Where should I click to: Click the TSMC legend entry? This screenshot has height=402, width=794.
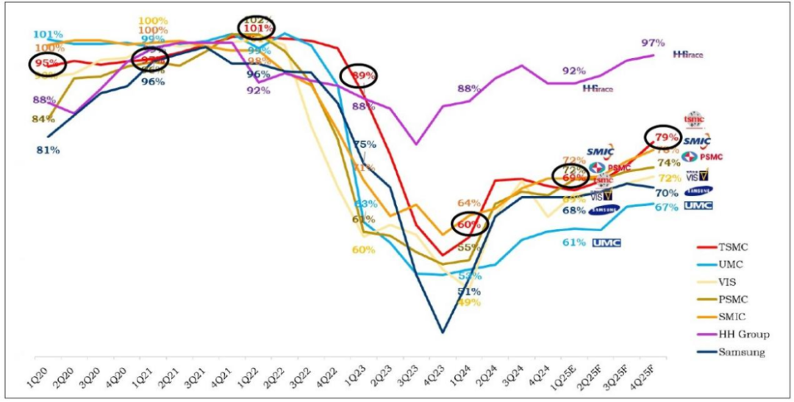[734, 247]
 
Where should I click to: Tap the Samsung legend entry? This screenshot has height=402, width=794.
[740, 352]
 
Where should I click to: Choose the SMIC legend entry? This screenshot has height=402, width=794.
[734, 317]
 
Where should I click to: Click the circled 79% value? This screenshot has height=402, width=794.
[667, 137]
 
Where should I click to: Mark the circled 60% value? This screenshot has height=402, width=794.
[469, 225]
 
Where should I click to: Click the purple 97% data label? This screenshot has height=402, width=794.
[653, 43]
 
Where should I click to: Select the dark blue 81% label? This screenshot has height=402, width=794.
[48, 150]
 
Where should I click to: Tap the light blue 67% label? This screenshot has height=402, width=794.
[666, 207]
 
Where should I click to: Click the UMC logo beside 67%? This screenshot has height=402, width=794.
[698, 205]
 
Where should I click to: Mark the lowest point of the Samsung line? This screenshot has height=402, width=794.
[443, 332]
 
